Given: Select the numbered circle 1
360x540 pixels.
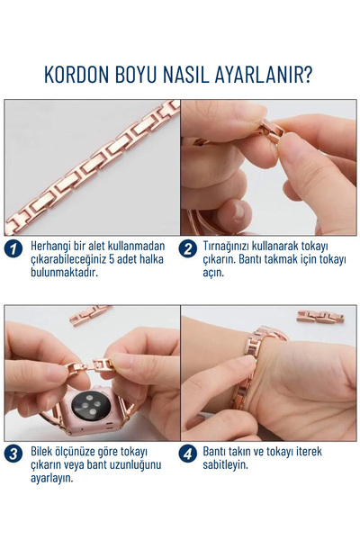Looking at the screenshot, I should (x=13, y=249).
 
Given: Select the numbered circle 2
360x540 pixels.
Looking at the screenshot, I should (x=189, y=249).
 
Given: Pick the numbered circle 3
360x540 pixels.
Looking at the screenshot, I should (x=13, y=454).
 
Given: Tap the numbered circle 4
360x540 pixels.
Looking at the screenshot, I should (x=189, y=454).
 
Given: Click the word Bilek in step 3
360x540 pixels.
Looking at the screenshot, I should (x=44, y=451).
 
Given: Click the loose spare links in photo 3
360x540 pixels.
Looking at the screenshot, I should (x=90, y=315).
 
